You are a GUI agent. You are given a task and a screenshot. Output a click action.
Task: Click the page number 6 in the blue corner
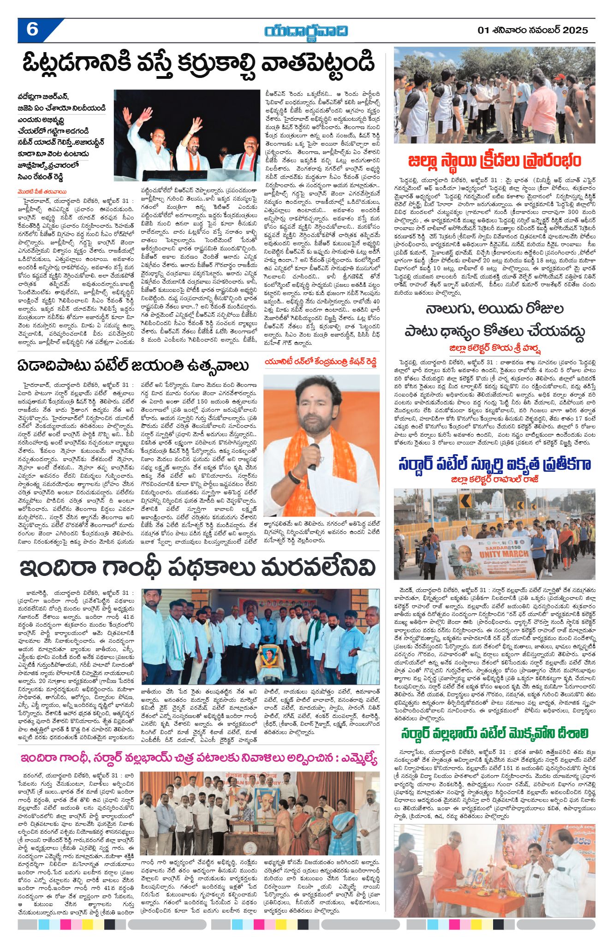32,30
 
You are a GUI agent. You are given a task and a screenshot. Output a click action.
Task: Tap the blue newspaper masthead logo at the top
306,31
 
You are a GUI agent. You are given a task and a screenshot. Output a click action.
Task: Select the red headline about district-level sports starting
494,161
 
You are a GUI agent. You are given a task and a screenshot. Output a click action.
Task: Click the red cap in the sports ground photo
559,77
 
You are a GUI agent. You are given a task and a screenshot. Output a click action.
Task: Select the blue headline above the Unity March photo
494,464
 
